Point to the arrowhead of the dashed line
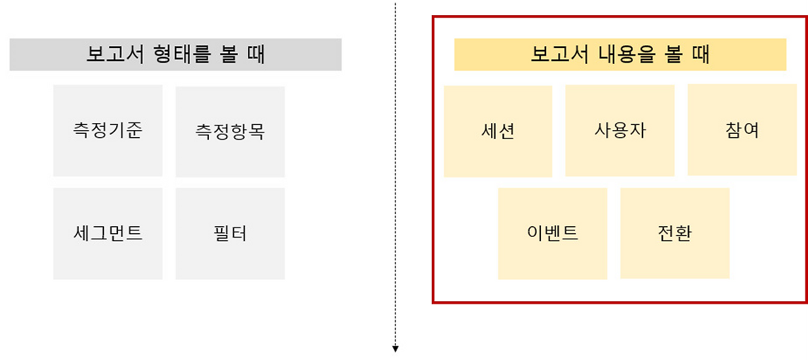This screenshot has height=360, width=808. [396, 349]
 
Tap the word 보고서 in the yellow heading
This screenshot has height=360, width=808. [558, 54]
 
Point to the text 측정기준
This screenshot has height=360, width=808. [107, 130]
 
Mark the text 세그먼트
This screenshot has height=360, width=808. [107, 233]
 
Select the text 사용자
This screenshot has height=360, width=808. [620, 130]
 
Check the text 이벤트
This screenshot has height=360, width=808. [552, 233]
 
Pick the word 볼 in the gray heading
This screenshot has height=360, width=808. [229, 54]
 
